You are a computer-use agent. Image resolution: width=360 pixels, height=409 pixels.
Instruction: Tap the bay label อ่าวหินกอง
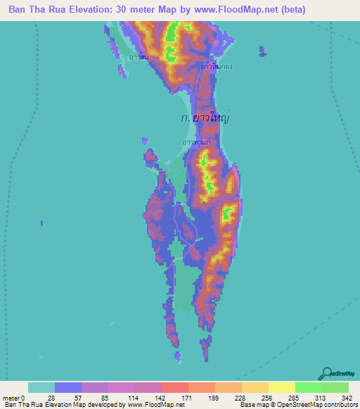216,67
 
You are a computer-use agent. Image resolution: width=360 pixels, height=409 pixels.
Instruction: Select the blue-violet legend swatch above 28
68,387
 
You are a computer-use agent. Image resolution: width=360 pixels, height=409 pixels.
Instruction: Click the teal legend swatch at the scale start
41,387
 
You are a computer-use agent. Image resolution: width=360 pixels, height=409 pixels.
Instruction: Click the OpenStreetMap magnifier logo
326,373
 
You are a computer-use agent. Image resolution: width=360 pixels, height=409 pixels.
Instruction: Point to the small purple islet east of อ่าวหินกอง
262,51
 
